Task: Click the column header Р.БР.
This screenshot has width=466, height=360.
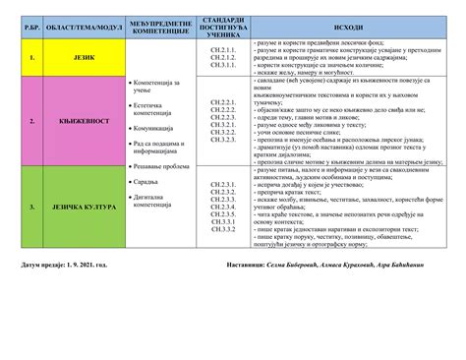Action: (x=32, y=26)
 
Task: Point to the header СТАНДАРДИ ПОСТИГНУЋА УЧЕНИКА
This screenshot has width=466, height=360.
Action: (x=222, y=26)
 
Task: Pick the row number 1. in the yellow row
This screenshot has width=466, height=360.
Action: (x=32, y=58)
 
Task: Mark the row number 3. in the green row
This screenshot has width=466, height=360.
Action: (x=32, y=208)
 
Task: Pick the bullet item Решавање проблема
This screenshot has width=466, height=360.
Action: (x=164, y=166)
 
